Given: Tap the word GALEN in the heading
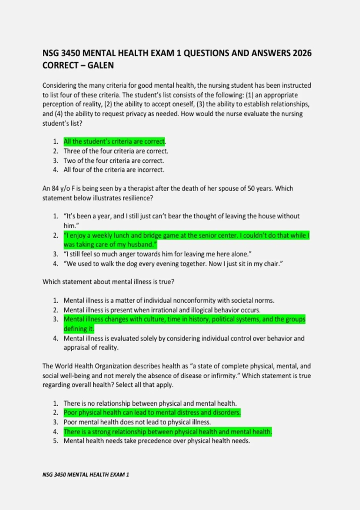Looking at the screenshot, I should (100, 65).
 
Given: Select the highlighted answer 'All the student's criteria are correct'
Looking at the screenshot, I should (114, 141).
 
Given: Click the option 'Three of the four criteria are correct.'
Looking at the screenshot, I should (116, 151).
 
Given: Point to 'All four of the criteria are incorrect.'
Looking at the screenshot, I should (114, 170).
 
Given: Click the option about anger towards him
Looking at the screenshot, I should (157, 254).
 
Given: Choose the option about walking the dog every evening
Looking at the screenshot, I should (173, 264).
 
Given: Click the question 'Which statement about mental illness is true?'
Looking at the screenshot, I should (108, 282).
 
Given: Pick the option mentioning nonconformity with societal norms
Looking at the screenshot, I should (169, 300).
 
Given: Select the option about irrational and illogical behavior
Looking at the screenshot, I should (162, 310).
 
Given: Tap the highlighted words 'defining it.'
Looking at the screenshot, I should (79, 329).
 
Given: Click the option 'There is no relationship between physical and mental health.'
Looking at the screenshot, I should (150, 403).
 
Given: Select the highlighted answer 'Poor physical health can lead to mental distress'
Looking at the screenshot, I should (152, 412).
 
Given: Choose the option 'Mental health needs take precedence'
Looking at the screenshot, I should (157, 441).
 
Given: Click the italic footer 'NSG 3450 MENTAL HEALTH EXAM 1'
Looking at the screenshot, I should (86, 475).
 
